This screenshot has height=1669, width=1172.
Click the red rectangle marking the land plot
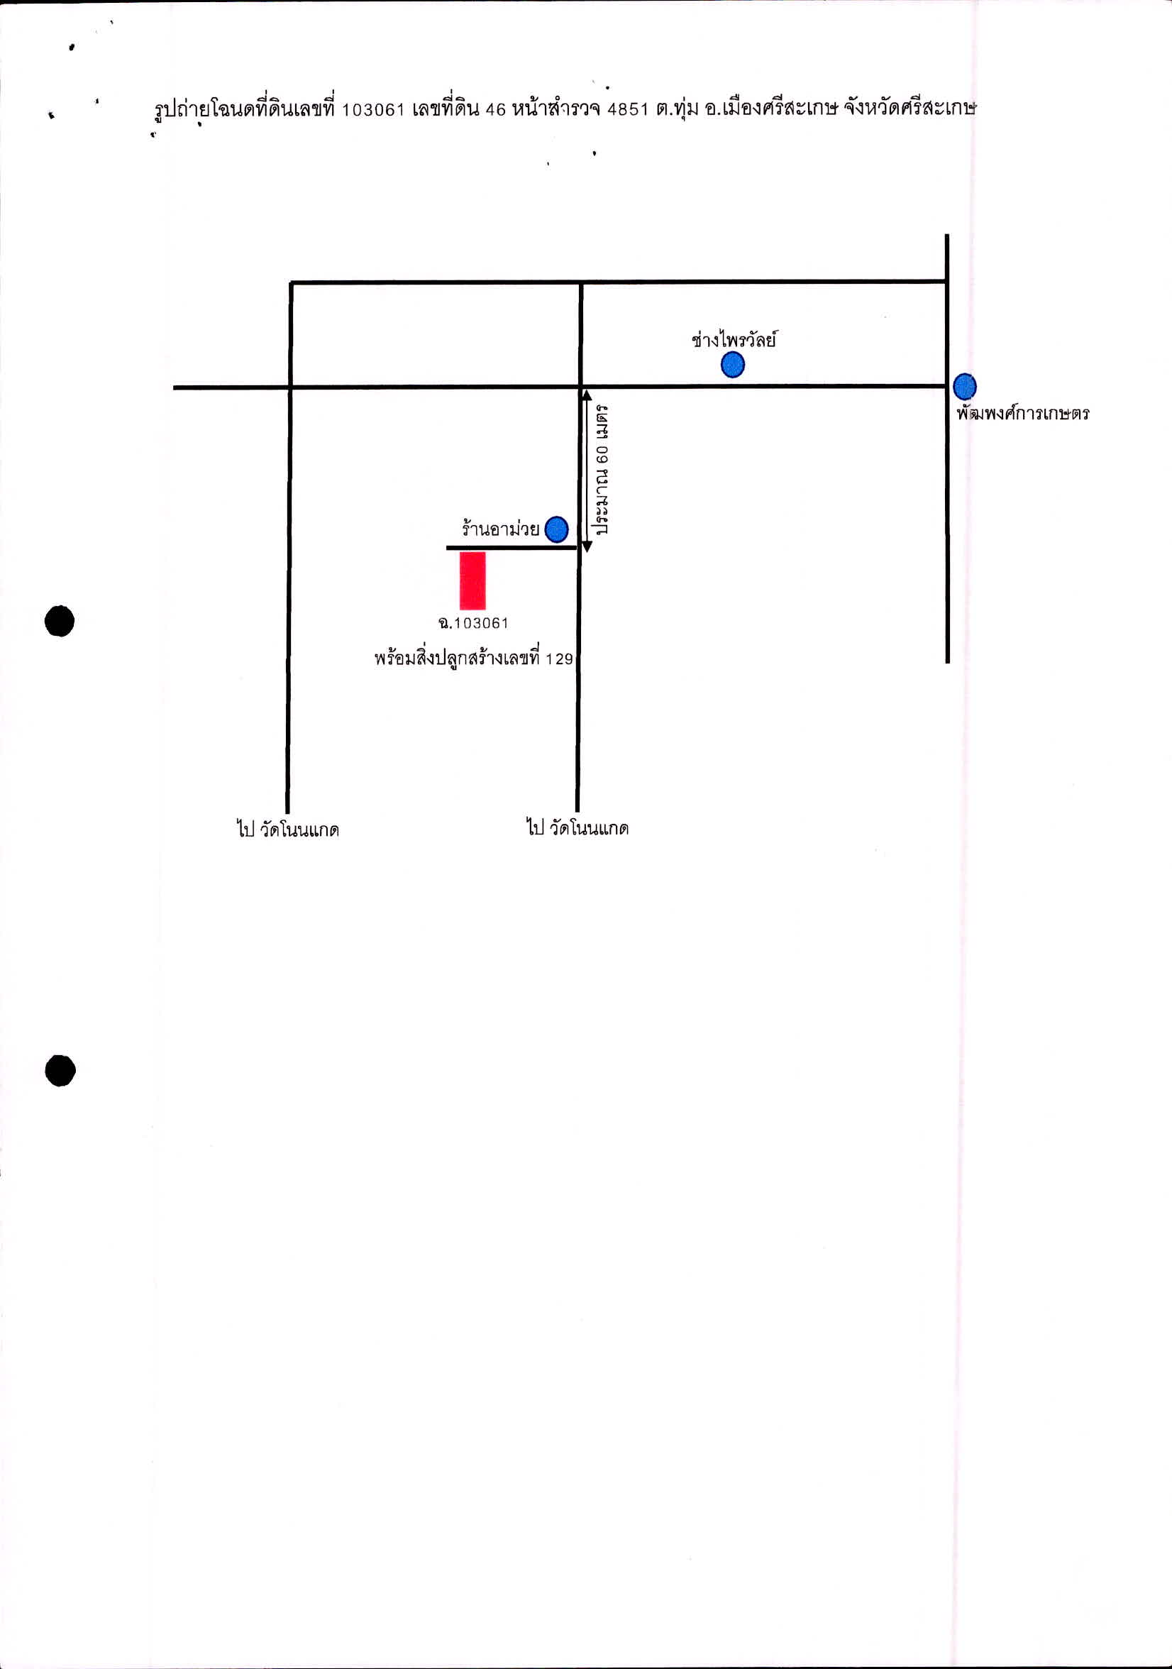point(472,580)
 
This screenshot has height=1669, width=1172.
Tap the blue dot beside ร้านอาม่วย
point(557,529)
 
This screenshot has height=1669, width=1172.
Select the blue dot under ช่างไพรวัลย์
point(732,364)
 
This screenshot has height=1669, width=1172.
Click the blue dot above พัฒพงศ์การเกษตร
point(964,386)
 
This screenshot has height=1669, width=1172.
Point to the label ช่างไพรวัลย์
point(734,338)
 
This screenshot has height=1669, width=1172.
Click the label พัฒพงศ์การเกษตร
point(1023,413)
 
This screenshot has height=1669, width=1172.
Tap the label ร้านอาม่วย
point(500,528)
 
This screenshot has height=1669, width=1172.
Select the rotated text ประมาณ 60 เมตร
point(602,470)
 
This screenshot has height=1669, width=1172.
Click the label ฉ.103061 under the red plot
point(473,623)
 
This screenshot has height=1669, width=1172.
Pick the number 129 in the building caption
point(560,659)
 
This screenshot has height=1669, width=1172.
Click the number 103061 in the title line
point(372,110)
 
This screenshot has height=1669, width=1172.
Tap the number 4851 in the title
point(627,109)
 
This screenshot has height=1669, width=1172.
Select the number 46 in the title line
point(494,110)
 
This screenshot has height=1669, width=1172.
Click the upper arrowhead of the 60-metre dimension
point(587,395)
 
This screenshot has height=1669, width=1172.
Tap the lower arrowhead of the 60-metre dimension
point(587,546)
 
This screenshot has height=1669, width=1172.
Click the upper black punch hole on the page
point(60,621)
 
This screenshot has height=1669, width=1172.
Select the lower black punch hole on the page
point(60,1070)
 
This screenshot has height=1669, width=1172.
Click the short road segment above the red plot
point(512,547)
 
